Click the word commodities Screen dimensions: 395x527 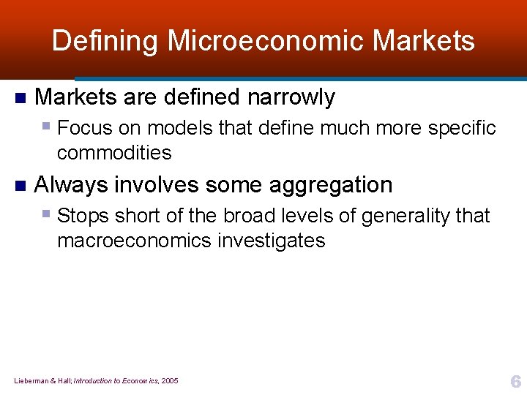(114, 154)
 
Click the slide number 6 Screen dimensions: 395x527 (515, 382)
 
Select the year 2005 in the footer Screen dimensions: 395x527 (170, 381)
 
